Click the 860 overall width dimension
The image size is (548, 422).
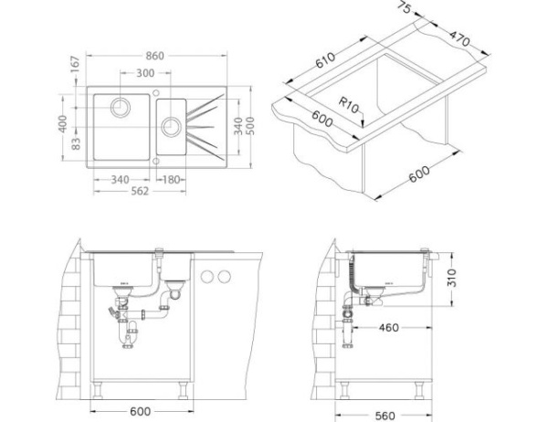point(155,57)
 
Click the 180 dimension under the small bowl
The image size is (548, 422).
point(169,179)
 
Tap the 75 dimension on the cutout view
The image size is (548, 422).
point(403,9)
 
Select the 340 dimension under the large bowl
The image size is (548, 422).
point(120,179)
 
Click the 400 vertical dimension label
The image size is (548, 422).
point(63,123)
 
